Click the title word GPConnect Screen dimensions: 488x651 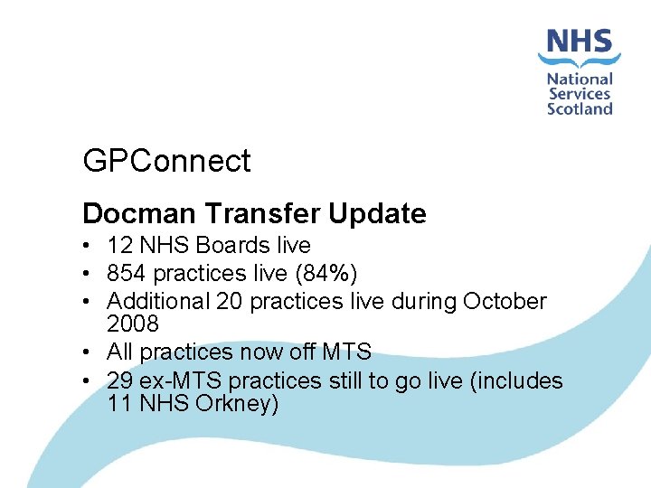click(x=166, y=161)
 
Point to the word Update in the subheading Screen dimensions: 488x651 click(x=377, y=214)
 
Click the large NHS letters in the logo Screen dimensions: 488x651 click(x=580, y=42)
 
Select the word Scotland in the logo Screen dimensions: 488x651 click(x=580, y=108)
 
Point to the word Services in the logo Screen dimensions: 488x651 click(x=580, y=94)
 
